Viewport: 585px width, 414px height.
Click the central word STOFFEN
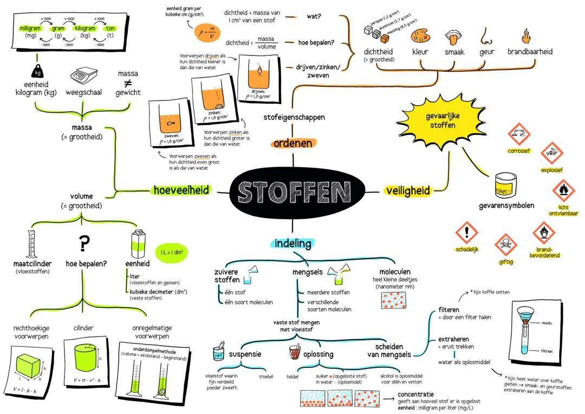click(x=294, y=192)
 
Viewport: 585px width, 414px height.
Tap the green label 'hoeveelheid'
click(x=181, y=190)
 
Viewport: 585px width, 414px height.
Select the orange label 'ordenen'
click(x=292, y=143)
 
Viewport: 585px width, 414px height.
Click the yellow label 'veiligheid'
click(x=408, y=190)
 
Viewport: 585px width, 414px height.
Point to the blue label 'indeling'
click(x=293, y=243)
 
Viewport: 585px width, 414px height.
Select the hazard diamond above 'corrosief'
click(x=518, y=133)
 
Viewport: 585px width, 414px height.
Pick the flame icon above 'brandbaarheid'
click(x=526, y=37)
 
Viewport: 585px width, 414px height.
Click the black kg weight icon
click(x=37, y=71)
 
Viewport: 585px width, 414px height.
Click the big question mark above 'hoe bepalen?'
click(x=84, y=245)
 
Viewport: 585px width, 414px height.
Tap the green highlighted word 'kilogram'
click(x=85, y=28)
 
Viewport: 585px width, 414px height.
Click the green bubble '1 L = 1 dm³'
click(x=171, y=252)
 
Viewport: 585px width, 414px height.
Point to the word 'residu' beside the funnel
click(x=547, y=323)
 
